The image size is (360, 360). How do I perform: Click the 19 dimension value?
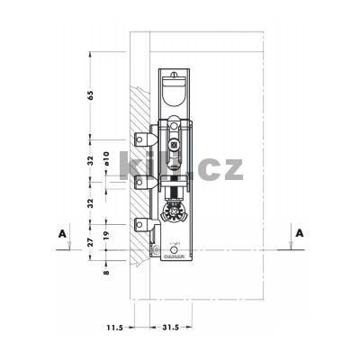(106, 238)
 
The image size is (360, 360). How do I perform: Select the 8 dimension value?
(105, 268)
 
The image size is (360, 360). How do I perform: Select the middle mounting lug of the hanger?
(141, 183)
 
